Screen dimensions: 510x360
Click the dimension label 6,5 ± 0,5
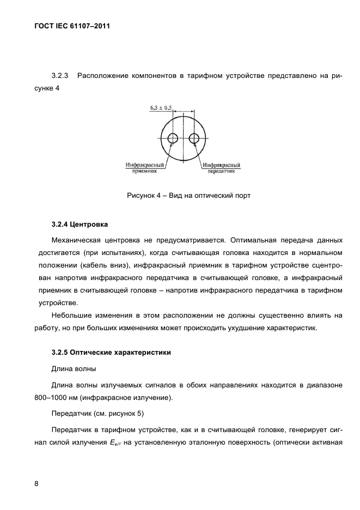pos(161,108)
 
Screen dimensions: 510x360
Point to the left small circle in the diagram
pos(173,138)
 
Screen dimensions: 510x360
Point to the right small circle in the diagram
pos(194,138)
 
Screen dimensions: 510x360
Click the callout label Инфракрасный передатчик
pos(222,167)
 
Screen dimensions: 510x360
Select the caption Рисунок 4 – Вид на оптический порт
pos(188,195)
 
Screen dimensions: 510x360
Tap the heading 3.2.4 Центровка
pos(80,225)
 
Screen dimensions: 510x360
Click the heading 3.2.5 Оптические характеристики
pos(111,353)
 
